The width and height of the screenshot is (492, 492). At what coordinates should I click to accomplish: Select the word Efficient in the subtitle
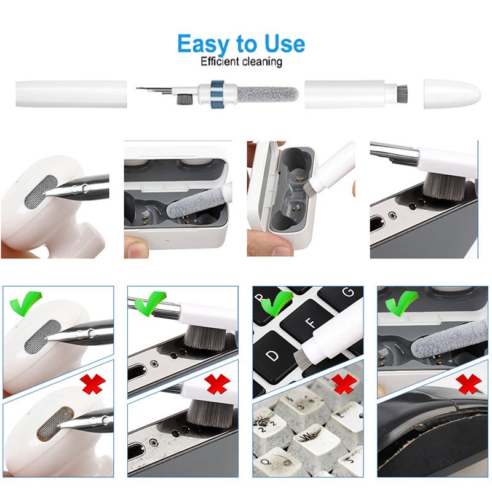[x=220, y=61]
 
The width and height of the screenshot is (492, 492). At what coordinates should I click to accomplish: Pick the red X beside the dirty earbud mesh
[x=93, y=384]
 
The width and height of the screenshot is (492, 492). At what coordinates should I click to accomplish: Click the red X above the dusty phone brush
[x=216, y=385]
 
